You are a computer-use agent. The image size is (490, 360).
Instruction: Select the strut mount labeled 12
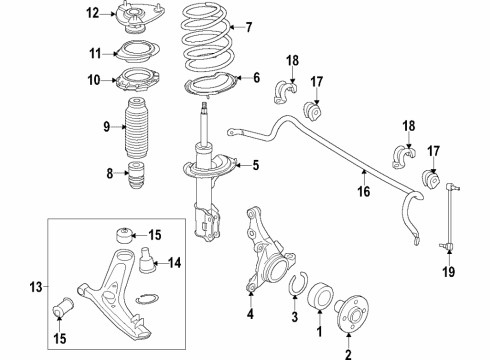139,17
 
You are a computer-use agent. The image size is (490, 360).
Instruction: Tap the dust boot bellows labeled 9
137,128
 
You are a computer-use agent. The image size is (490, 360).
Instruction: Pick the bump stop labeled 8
137,175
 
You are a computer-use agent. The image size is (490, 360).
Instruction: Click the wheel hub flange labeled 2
353,314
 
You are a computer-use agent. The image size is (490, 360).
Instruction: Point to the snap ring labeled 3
297,283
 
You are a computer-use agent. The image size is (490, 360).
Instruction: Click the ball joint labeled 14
147,260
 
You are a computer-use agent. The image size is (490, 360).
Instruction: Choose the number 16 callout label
364,191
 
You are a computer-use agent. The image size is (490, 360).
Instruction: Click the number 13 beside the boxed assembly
36,287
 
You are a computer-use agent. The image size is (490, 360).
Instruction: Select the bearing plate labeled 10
137,80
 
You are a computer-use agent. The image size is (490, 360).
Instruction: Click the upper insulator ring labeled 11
137,52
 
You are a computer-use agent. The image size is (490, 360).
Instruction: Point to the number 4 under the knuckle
250,314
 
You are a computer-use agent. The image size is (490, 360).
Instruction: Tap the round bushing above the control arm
124,236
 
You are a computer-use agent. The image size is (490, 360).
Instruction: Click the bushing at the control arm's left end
64,306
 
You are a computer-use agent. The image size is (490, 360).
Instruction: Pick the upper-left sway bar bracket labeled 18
285,92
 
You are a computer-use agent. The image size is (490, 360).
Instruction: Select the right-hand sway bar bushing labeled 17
432,180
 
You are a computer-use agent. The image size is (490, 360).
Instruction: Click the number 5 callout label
256,165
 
